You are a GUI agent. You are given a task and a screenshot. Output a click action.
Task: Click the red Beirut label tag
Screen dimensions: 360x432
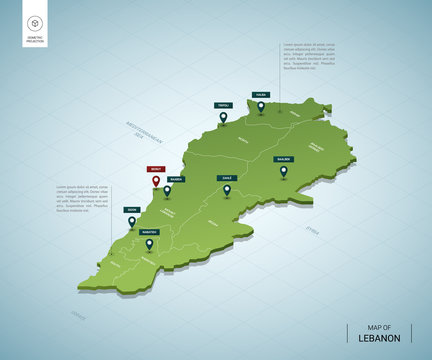click(155, 170)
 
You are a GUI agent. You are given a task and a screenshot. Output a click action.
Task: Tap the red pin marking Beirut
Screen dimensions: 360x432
click(155, 183)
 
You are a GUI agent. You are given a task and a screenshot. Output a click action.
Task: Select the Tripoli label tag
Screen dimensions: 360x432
click(222, 105)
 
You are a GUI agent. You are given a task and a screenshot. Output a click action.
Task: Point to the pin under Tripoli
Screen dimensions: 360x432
click(222, 118)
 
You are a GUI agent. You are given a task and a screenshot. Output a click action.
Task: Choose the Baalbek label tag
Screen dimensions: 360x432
click(284, 158)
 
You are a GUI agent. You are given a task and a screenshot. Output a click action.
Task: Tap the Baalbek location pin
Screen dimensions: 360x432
click(284, 171)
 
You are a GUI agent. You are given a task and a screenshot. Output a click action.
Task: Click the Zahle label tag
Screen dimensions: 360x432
click(227, 177)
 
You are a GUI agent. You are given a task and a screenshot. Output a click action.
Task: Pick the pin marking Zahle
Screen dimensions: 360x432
click(227, 190)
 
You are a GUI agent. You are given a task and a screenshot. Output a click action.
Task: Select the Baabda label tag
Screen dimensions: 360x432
click(175, 180)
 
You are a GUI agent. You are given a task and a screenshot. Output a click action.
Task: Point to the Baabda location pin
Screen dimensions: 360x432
click(167, 190)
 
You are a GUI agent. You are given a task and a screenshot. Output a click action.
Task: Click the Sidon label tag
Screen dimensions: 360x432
click(131, 209)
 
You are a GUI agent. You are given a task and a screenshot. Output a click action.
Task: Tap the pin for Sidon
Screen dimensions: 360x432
click(131, 222)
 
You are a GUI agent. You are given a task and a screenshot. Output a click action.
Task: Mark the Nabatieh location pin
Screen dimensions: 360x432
click(149, 243)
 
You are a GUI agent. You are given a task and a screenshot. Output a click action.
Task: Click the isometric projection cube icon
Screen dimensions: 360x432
click(34, 23)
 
